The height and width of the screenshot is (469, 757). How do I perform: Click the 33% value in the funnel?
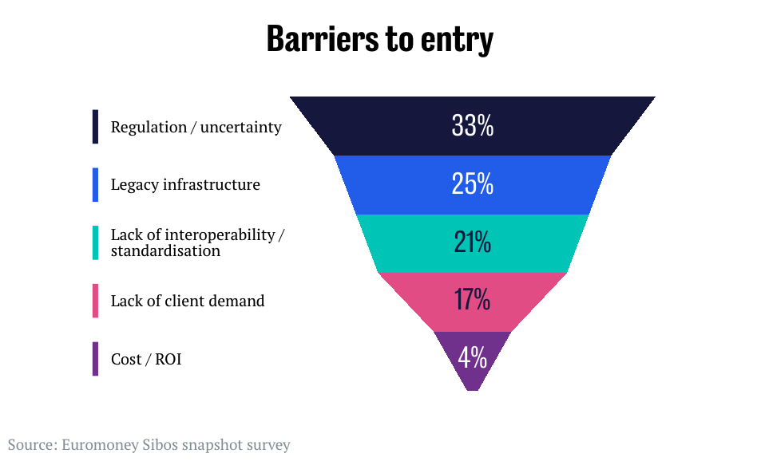coord(473,126)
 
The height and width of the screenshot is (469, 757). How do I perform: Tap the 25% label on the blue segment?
coord(473,185)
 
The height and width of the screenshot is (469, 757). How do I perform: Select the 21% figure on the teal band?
coord(473,242)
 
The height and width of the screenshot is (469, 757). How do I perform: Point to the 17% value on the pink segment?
coord(473,301)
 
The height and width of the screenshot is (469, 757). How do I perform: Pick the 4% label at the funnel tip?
coord(473,358)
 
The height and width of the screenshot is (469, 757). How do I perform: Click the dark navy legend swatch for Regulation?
coord(95,127)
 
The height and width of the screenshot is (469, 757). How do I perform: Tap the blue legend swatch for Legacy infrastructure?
coord(95,185)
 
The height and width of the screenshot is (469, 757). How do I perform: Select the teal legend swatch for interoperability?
coord(95,242)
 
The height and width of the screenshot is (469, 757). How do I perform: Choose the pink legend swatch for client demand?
coord(95,301)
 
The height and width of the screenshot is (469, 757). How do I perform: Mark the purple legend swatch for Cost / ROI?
coord(95,359)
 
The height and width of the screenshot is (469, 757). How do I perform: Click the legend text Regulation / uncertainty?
coord(196,127)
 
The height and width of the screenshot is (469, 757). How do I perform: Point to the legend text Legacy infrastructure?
coord(185,185)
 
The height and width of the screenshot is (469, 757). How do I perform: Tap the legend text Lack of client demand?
coord(188,301)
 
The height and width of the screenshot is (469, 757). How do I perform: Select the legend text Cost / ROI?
coord(146,360)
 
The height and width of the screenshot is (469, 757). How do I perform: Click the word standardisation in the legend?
coord(165,250)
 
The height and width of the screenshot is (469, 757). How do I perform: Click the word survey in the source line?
coord(268,445)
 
